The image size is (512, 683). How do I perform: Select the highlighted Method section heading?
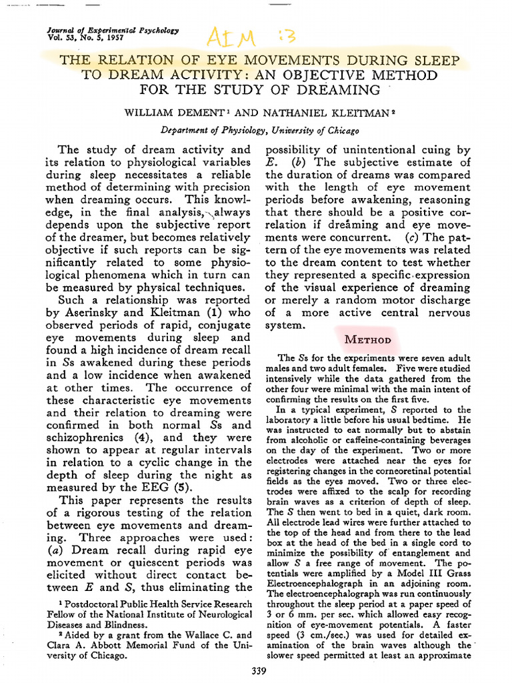(x=367, y=339)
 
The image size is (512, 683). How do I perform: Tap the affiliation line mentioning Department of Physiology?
(x=260, y=130)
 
